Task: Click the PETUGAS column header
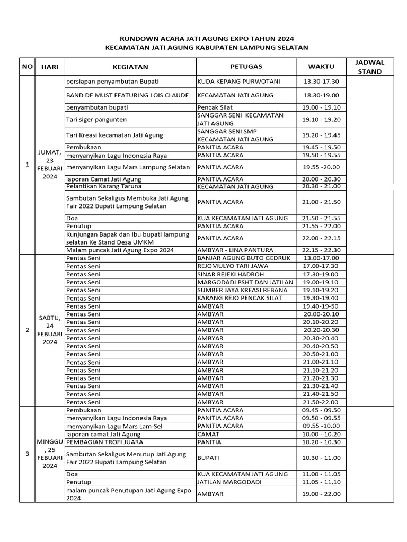point(246,66)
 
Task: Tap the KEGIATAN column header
point(130,67)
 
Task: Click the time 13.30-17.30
point(322,82)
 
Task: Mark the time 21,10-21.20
point(322,370)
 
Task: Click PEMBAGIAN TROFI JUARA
point(104,442)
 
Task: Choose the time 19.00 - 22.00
point(322,494)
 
